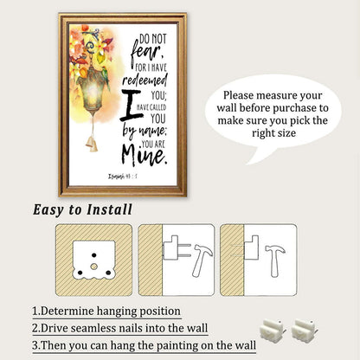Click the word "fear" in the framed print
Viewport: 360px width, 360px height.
point(146,53)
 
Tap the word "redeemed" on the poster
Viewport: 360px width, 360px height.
point(145,80)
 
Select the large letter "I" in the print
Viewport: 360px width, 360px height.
point(132,105)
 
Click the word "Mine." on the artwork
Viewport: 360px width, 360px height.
point(145,155)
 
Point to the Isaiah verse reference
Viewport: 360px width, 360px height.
point(122,176)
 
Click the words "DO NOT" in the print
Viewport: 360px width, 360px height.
point(153,38)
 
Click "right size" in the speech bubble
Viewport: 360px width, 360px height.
point(273,133)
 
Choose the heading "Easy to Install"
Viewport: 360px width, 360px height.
point(82,209)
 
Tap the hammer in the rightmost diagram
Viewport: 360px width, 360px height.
point(274,260)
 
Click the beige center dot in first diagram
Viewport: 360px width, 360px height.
point(93,267)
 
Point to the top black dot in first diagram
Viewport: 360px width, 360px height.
point(94,255)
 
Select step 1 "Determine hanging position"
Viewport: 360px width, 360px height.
point(106,312)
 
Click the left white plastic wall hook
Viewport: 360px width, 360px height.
point(273,330)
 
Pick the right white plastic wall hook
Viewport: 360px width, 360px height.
point(304,330)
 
